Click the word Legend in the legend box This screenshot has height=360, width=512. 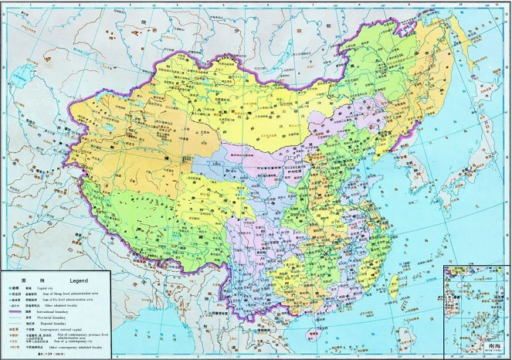(80, 280)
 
